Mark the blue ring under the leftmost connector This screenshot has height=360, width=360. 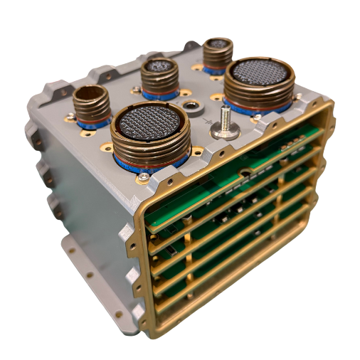(92, 124)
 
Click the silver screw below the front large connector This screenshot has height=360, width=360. (145, 176)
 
